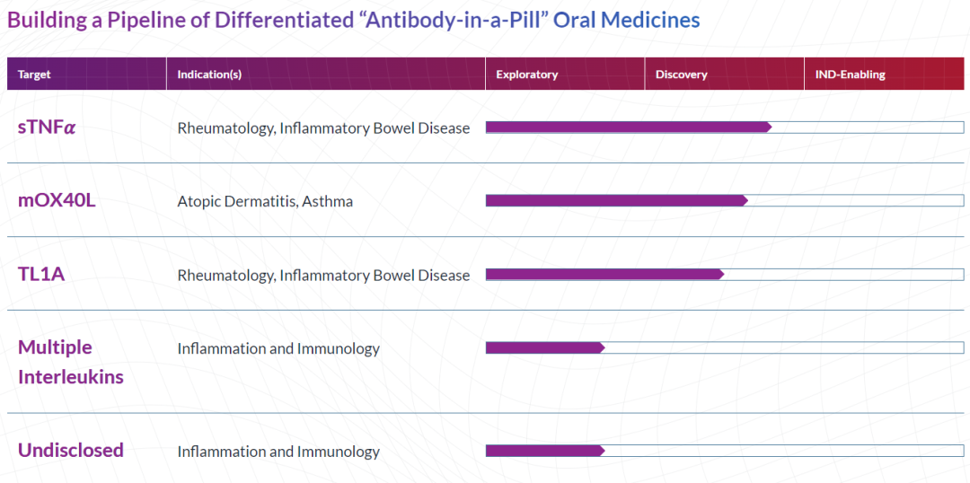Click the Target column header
click(x=34, y=75)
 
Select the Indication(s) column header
click(x=209, y=75)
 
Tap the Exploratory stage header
click(x=527, y=75)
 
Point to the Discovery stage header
click(x=681, y=75)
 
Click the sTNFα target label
click(x=47, y=128)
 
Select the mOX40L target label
click(x=57, y=201)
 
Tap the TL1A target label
click(x=41, y=274)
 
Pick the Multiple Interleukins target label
click(x=71, y=362)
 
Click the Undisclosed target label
click(x=71, y=450)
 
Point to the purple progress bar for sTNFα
click(x=629, y=127)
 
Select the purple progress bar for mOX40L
click(x=617, y=200)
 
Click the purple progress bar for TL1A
click(x=605, y=274)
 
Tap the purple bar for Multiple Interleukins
click(x=545, y=347)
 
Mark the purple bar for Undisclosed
click(x=545, y=451)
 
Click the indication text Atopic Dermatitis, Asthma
click(x=265, y=202)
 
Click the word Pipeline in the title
click(x=137, y=21)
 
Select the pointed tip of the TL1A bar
click(x=725, y=274)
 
